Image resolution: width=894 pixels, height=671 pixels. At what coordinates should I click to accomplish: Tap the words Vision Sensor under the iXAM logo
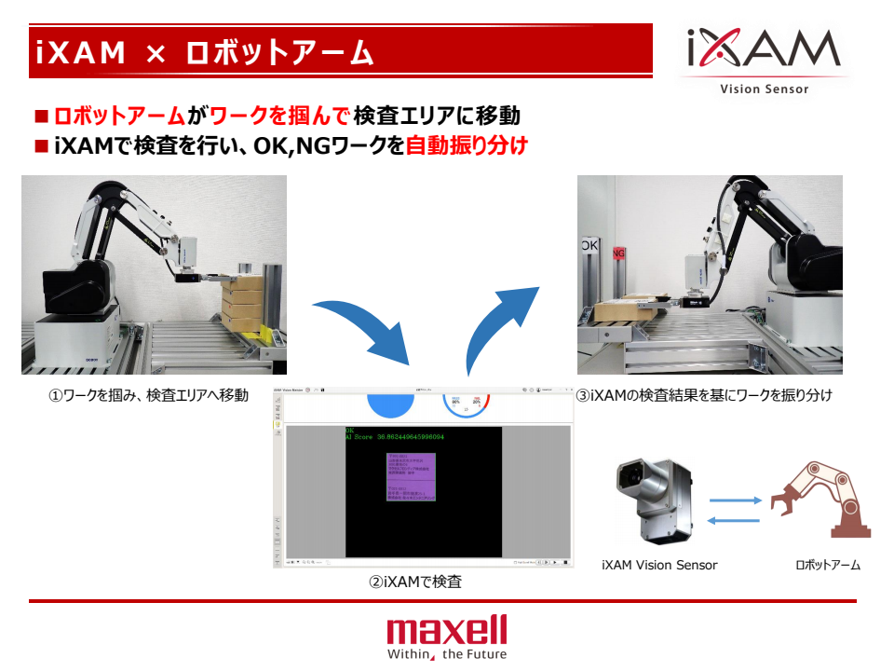point(764,89)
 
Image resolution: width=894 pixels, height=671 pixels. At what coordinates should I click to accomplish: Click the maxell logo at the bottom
point(447,629)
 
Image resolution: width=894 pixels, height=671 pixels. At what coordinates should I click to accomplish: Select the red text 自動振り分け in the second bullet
point(467,146)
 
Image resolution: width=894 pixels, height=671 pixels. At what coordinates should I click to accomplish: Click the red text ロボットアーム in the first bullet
point(119,116)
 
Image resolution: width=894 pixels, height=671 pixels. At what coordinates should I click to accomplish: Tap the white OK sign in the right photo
point(589,245)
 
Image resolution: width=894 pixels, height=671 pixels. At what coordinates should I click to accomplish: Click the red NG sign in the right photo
point(616,252)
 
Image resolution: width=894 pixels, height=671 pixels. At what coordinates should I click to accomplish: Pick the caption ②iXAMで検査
point(415,582)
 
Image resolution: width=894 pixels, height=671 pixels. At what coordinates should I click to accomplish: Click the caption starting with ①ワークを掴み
point(148,395)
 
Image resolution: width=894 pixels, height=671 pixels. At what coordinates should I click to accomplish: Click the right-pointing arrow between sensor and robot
point(735,500)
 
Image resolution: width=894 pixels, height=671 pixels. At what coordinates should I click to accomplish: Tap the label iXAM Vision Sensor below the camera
point(659,565)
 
